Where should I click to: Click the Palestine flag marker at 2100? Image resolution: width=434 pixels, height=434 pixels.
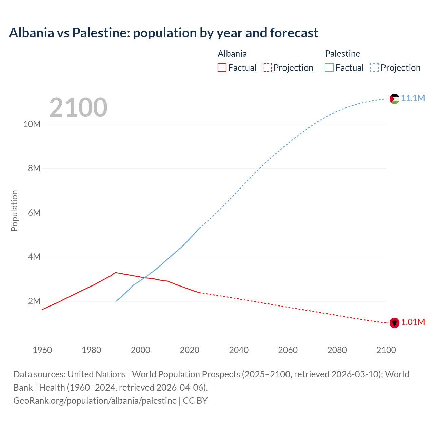coord(394,99)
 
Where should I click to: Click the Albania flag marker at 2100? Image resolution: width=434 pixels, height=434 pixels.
coord(394,323)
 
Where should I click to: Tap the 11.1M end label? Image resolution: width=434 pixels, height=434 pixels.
coord(413,98)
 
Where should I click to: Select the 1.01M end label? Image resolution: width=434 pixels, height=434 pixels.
coord(413,322)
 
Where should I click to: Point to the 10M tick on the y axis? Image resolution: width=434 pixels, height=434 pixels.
coord(32,124)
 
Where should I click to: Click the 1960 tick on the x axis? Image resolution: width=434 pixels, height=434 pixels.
coord(42,350)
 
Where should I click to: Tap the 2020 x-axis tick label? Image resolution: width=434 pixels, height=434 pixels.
coord(190,350)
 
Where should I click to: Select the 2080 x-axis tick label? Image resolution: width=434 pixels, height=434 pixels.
coord(337,350)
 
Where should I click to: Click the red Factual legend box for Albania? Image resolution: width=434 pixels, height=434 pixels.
coord(222,67)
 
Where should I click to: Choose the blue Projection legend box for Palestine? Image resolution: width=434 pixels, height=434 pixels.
coord(375,67)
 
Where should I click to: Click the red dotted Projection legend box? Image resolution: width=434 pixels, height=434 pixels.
coord(267,67)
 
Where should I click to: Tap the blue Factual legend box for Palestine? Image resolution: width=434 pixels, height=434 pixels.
coord(329,67)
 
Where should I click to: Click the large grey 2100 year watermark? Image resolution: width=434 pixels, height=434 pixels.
coord(78,107)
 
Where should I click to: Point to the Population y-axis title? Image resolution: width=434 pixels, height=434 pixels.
coord(14,211)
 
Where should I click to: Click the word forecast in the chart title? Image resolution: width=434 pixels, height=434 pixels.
coord(294,33)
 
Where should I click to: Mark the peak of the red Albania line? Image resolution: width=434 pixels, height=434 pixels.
coord(116,272)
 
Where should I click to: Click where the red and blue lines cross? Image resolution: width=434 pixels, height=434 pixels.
coord(144,278)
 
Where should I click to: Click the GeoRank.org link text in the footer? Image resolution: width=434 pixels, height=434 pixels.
coord(95,401)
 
